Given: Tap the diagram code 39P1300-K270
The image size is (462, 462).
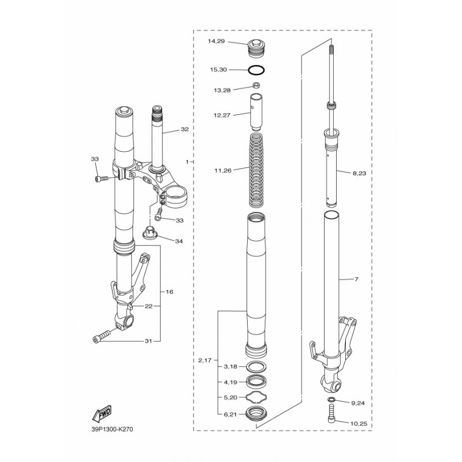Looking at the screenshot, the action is (x=112, y=429).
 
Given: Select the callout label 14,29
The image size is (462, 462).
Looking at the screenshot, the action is (x=216, y=41).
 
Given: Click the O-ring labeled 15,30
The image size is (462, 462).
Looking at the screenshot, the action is (x=256, y=70).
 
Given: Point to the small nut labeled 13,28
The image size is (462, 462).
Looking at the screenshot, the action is (x=256, y=86).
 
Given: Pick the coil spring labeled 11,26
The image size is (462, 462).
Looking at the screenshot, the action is (x=256, y=170).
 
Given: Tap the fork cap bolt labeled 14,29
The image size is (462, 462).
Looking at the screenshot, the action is (x=256, y=49).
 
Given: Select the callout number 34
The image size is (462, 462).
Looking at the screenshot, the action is (x=179, y=241).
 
